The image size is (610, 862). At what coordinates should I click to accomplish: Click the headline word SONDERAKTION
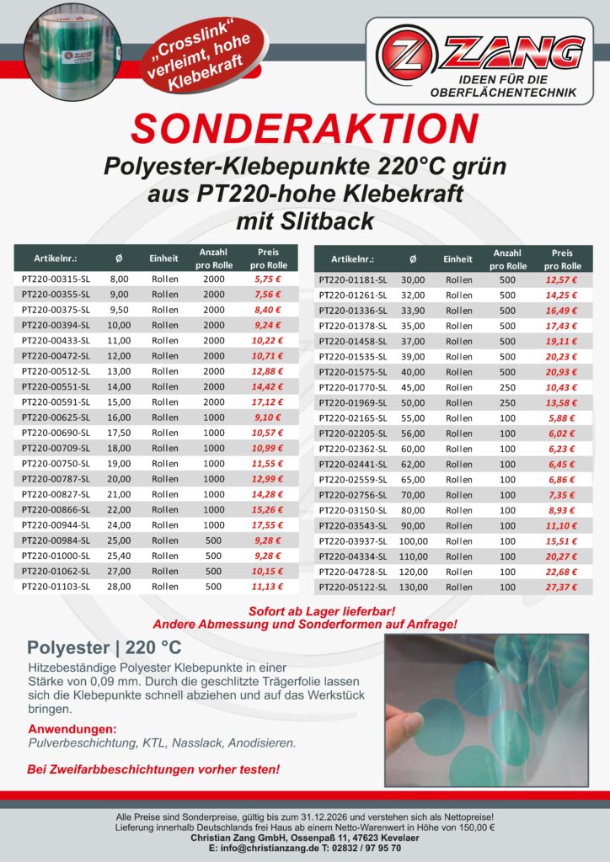[x=304, y=129]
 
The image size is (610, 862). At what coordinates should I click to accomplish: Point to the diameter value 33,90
[x=413, y=310]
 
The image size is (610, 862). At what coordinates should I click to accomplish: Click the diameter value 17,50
[x=119, y=433]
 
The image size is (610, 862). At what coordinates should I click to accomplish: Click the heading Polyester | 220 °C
[x=104, y=648]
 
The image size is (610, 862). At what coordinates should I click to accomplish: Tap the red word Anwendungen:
[x=72, y=728]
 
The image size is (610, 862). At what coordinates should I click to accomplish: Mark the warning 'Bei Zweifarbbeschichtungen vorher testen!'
[x=153, y=769]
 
